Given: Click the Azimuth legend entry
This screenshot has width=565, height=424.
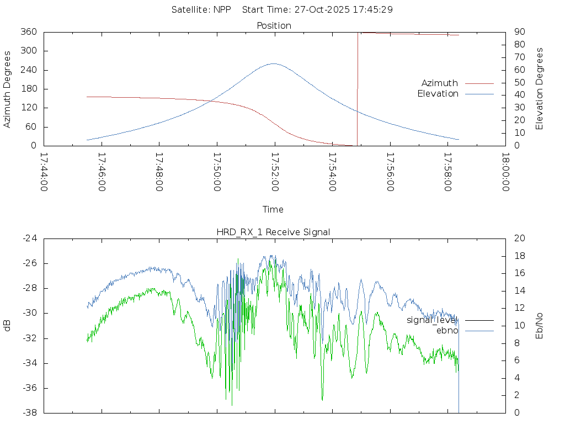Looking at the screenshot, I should tap(440, 83).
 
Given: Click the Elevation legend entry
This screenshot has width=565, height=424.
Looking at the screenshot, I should tap(438, 94).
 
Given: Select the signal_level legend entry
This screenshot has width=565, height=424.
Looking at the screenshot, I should tap(432, 320).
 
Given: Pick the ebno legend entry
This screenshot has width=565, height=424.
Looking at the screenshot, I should tap(447, 331).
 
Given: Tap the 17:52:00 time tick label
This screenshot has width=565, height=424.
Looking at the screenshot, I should tap(275, 172).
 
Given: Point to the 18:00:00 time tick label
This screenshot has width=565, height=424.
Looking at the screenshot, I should tap(505, 172).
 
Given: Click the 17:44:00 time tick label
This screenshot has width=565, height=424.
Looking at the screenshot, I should tap(45, 172).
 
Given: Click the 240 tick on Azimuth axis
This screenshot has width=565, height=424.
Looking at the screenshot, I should tap(29, 70).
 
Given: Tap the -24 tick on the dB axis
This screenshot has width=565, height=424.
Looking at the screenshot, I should tap(30, 239).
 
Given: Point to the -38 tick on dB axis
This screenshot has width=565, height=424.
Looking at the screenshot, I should tap(30, 413).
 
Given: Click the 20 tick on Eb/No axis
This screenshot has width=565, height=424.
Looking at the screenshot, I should tap(519, 239).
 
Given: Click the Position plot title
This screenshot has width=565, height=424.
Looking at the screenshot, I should tap(274, 26).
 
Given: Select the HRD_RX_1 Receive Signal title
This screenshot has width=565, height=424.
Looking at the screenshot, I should tap(274, 232).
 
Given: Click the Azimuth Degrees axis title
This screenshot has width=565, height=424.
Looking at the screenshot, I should tap(8, 89).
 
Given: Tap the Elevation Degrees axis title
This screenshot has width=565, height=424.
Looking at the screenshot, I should tap(540, 89).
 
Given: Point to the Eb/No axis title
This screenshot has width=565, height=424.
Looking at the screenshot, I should tap(540, 325).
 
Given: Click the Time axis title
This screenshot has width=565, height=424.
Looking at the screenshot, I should tap(273, 210).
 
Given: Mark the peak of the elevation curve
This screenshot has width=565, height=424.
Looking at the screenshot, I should tap(274, 63).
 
